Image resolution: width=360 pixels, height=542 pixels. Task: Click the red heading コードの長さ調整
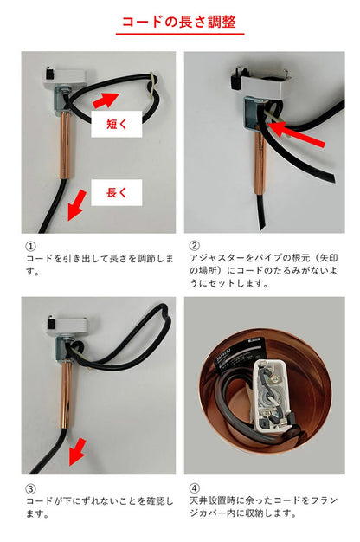(179, 21)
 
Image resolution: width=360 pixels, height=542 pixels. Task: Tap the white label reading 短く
(117, 125)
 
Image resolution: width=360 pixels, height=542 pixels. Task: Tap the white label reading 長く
(117, 192)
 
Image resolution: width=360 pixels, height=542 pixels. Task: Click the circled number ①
(30, 246)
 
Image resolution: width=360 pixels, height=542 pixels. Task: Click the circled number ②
(194, 246)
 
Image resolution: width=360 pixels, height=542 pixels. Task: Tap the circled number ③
(30, 487)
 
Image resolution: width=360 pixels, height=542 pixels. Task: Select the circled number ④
(194, 487)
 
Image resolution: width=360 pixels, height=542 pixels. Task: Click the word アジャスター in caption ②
(217, 258)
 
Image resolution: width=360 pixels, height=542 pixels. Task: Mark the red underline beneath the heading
(179, 35)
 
